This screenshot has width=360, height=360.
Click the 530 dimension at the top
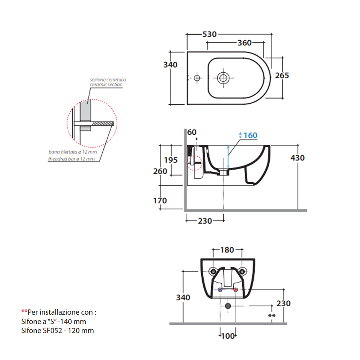(209, 34)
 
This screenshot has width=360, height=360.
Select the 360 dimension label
(244, 43)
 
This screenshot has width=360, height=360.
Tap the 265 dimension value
(282, 75)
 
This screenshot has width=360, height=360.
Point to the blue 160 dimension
(250, 135)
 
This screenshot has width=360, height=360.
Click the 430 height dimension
(297, 158)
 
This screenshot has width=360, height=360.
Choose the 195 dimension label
(171, 159)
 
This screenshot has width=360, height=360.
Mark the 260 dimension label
(160, 171)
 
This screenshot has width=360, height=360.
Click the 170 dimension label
(160, 201)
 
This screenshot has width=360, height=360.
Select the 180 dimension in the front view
(227, 250)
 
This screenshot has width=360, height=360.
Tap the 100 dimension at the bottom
(227, 336)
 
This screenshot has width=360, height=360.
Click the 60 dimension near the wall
(192, 132)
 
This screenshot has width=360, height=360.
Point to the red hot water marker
(236, 290)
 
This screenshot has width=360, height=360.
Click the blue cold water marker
(220, 290)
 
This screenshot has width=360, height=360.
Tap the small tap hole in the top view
(197, 77)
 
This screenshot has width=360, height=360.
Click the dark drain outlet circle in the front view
(228, 306)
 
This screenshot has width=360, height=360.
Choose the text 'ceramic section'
(106, 85)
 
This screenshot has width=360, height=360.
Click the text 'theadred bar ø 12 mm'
(72, 158)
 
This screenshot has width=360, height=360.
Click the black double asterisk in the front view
(272, 316)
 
